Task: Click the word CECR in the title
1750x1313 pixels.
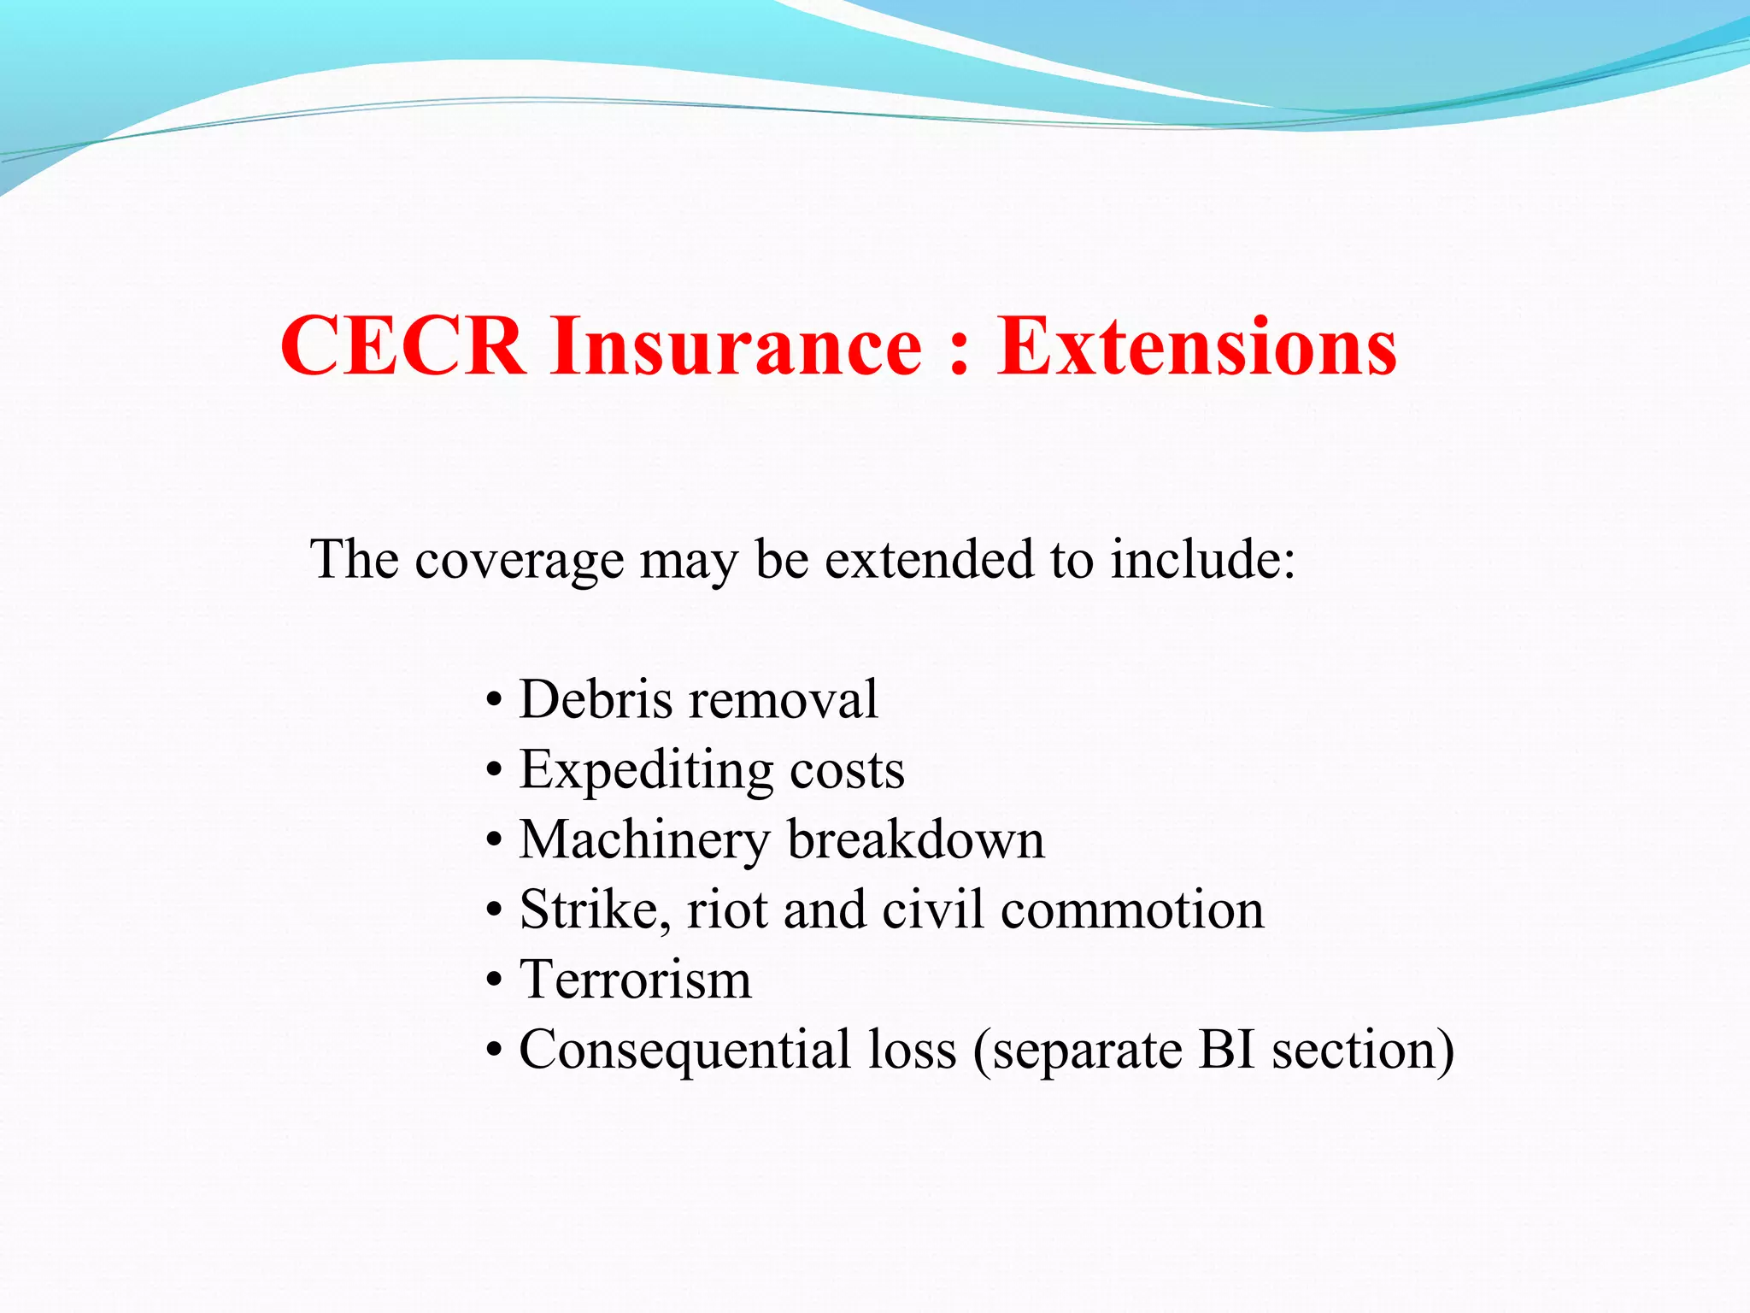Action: point(402,345)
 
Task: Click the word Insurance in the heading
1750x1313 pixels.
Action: point(737,345)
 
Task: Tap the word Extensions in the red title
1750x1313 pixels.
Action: point(1197,345)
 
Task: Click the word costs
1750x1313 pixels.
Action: point(847,770)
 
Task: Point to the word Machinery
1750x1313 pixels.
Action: point(645,840)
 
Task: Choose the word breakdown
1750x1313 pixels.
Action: point(916,839)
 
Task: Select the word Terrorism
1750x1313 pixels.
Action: point(636,980)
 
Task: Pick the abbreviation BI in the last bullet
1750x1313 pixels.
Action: point(1226,1049)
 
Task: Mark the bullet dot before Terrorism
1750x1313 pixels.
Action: point(494,981)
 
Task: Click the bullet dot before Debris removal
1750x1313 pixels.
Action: point(494,701)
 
